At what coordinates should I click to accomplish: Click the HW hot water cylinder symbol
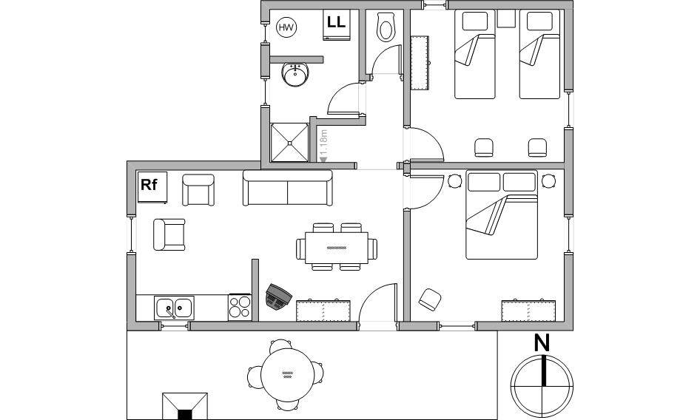[286, 27]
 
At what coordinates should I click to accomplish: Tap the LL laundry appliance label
[336, 22]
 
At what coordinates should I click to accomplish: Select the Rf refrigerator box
[152, 187]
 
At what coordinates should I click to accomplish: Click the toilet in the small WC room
[385, 27]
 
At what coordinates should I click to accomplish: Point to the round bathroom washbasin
[295, 75]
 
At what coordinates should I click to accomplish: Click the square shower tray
[290, 143]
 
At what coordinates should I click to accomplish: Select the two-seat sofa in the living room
[288, 188]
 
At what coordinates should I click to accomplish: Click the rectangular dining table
[337, 248]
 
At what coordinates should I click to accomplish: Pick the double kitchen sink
[174, 308]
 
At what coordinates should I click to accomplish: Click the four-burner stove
[240, 307]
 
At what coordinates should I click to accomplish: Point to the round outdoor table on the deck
[286, 374]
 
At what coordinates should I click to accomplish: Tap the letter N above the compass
[542, 343]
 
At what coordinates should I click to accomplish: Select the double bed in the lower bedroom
[502, 214]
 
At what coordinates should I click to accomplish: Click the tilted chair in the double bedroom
[430, 299]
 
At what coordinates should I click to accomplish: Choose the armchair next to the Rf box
[198, 190]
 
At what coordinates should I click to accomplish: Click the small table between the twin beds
[507, 18]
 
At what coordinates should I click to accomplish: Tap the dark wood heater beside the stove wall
[278, 296]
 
